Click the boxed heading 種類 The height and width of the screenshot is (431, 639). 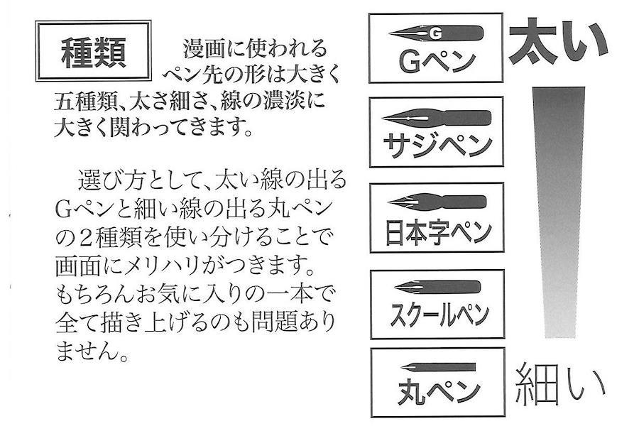93,52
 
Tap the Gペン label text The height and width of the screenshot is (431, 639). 436,60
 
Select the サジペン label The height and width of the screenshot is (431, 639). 436,145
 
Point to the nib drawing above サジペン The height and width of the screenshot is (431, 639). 436,117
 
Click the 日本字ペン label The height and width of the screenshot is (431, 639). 436,231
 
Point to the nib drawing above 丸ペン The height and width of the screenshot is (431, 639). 437,368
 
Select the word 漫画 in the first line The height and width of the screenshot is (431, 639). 201,49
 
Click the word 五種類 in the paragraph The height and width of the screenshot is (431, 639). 87,100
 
